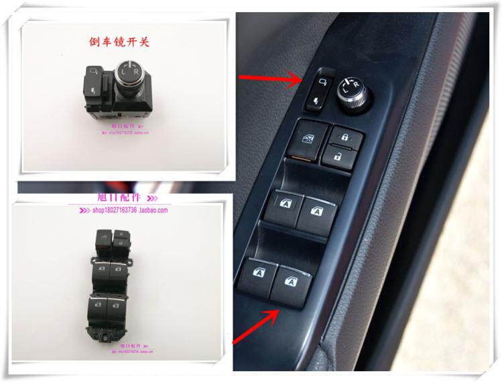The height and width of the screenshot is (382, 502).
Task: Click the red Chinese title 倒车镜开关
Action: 120,42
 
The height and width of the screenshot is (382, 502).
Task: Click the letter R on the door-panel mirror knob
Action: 357,83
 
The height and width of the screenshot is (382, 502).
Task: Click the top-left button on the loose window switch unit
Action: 103,237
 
